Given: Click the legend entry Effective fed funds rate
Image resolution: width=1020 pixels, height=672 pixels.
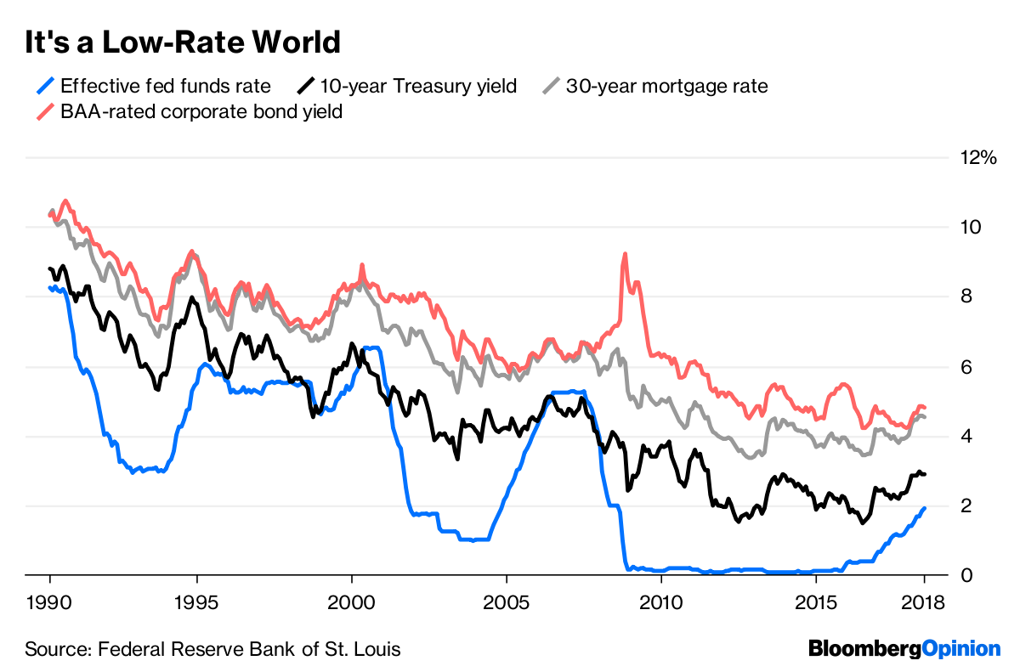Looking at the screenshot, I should [166, 86].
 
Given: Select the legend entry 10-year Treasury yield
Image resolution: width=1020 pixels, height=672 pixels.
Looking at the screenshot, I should [417, 86].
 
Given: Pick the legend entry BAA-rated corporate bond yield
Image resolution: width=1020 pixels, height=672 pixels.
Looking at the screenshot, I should [201, 111].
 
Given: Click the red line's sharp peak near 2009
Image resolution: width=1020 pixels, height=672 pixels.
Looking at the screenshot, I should [626, 254].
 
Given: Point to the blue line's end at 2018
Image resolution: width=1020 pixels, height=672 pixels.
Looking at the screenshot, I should [925, 508].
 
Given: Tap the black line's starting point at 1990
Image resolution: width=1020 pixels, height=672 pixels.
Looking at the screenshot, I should [50, 268].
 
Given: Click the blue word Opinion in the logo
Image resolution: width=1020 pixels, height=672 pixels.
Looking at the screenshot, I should [961, 649].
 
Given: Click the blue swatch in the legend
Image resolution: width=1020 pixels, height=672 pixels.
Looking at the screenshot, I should [48, 86].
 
